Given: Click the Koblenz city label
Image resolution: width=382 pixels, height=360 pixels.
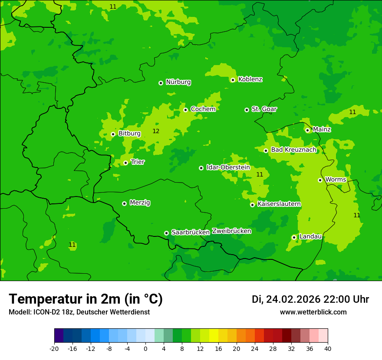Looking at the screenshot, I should [250, 79].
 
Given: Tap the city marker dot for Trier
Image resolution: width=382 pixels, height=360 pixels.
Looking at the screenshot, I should [125, 163].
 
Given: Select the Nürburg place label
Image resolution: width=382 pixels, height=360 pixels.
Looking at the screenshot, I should [178, 82].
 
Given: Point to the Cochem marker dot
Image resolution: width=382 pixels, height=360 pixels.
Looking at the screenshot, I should [185, 110].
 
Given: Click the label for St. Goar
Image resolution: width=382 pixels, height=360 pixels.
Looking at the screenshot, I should [264, 109].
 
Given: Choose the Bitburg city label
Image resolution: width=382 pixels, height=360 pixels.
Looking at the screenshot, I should [129, 134].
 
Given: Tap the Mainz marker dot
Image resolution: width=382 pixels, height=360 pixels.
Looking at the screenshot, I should [307, 130].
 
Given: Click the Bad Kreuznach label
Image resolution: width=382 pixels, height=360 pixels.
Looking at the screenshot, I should [293, 150].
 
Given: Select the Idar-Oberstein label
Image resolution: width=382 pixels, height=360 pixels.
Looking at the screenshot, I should [228, 167].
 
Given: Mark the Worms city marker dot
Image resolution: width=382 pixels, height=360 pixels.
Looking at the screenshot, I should [320, 180].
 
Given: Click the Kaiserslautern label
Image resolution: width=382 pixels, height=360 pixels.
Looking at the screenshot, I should [279, 204].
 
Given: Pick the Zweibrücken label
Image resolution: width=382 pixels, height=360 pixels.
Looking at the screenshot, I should [231, 231].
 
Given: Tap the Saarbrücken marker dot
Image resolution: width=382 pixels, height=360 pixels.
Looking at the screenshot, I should [166, 233].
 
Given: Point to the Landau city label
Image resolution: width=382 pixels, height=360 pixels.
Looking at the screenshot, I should [310, 236].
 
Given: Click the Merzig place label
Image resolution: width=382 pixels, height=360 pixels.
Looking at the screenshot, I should [140, 203].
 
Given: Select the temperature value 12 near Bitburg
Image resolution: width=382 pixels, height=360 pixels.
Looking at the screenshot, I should [156, 131].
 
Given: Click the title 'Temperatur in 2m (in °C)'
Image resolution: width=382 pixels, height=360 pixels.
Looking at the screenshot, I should [86, 299].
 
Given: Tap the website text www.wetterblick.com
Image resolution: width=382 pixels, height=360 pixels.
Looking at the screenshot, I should [313, 312].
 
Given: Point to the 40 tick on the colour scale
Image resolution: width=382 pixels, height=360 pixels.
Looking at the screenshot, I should [328, 348].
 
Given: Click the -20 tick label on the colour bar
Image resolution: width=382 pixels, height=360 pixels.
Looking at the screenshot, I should [54, 348].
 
